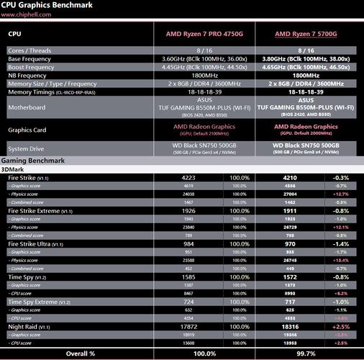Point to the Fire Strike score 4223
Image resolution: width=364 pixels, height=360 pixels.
(x=186, y=177)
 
